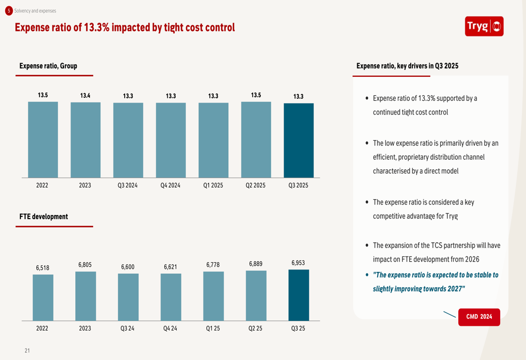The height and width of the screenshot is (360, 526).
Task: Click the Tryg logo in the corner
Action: pos(484,26)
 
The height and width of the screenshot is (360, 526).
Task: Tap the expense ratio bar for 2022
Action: pos(43,139)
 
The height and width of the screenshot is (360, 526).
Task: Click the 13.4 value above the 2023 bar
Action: pos(85,96)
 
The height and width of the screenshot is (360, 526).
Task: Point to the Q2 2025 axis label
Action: pos(256,186)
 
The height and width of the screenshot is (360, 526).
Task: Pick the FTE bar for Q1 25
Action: pos(213,296)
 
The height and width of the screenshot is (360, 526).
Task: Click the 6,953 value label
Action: pos(298,262)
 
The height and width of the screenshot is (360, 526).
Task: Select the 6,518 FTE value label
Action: pos(43,268)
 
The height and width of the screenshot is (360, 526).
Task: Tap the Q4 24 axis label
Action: pos(170,328)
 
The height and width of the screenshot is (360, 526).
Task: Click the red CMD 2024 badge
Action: pos(479,317)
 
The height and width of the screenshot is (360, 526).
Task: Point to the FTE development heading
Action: pos(44,217)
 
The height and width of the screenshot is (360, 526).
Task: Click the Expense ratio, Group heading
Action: pos(48,66)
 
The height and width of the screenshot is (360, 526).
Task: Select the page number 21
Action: pos(27,351)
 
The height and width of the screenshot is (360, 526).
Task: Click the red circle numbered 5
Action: pos(9,11)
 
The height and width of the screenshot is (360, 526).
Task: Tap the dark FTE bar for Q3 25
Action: pos(298,295)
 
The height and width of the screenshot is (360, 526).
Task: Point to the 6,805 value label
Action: pos(85,265)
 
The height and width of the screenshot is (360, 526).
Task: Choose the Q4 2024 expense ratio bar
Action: pos(170,140)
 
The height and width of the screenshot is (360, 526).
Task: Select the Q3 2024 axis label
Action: pos(128,186)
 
